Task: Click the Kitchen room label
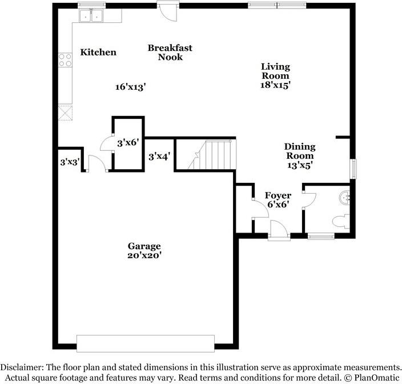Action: [x=98, y=53]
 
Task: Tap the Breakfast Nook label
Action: [x=170, y=53]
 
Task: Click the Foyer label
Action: [x=279, y=195]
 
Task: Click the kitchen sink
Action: [x=90, y=15]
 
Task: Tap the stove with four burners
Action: [x=65, y=60]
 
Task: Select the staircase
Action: [x=213, y=155]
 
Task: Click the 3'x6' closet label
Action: [x=128, y=143]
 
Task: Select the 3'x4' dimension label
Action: [x=159, y=156]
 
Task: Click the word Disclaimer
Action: [x=25, y=367]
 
